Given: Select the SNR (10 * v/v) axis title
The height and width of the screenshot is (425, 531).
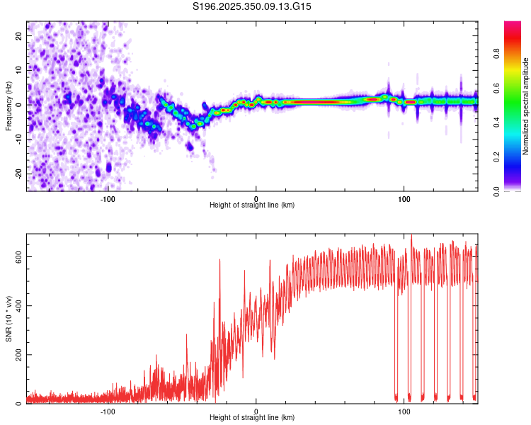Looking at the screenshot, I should click(8, 318).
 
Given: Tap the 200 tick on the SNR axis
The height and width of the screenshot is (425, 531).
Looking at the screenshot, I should click(18, 355).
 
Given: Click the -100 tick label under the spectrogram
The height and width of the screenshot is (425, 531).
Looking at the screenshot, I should click(108, 198).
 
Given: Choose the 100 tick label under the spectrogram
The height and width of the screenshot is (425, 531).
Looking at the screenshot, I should click(404, 198).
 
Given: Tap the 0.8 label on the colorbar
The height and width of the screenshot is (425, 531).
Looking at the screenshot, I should click(496, 53).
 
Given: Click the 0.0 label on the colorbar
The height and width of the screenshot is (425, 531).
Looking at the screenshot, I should click(496, 191).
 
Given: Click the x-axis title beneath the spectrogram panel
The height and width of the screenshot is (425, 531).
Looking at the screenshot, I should click(252, 205).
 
